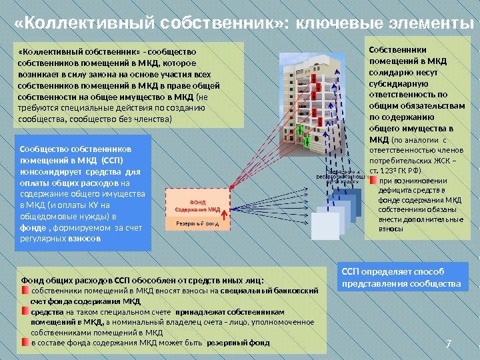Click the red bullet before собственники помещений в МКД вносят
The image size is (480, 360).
tap(25, 291)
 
